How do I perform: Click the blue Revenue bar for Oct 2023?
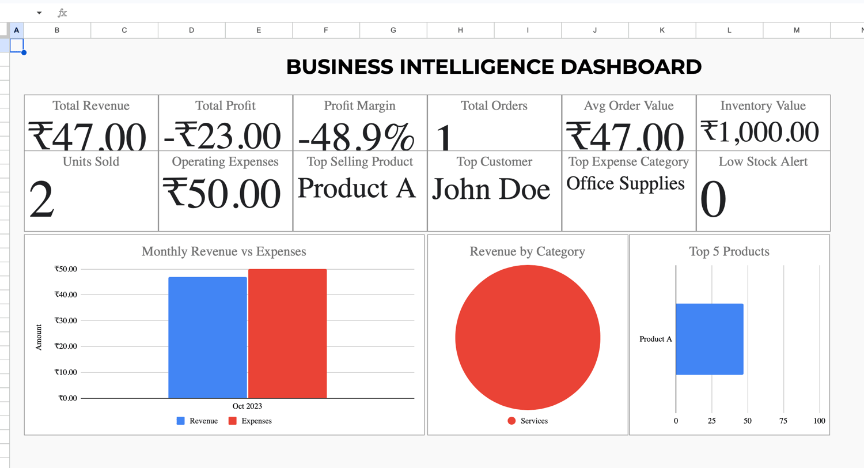pos(207,338)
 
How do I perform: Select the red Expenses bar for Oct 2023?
pos(287,334)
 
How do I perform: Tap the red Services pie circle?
pos(528,338)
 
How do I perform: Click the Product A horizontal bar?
pos(710,339)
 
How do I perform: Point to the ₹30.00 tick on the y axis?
pos(66,320)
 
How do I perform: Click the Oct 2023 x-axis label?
pos(247,406)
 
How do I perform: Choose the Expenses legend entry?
pos(251,421)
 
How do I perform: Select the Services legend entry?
pos(528,421)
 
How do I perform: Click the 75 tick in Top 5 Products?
pos(783,421)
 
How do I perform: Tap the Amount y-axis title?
pos(39,337)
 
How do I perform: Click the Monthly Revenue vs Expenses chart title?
pos(223,251)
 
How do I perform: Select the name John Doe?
pos(491,189)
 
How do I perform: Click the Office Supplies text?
pos(625,183)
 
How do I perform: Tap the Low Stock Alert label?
pos(763,161)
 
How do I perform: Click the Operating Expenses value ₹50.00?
pos(222,193)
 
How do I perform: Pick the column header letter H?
pos(460,30)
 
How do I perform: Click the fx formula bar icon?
pos(62,13)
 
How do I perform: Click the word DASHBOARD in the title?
pos(631,67)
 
